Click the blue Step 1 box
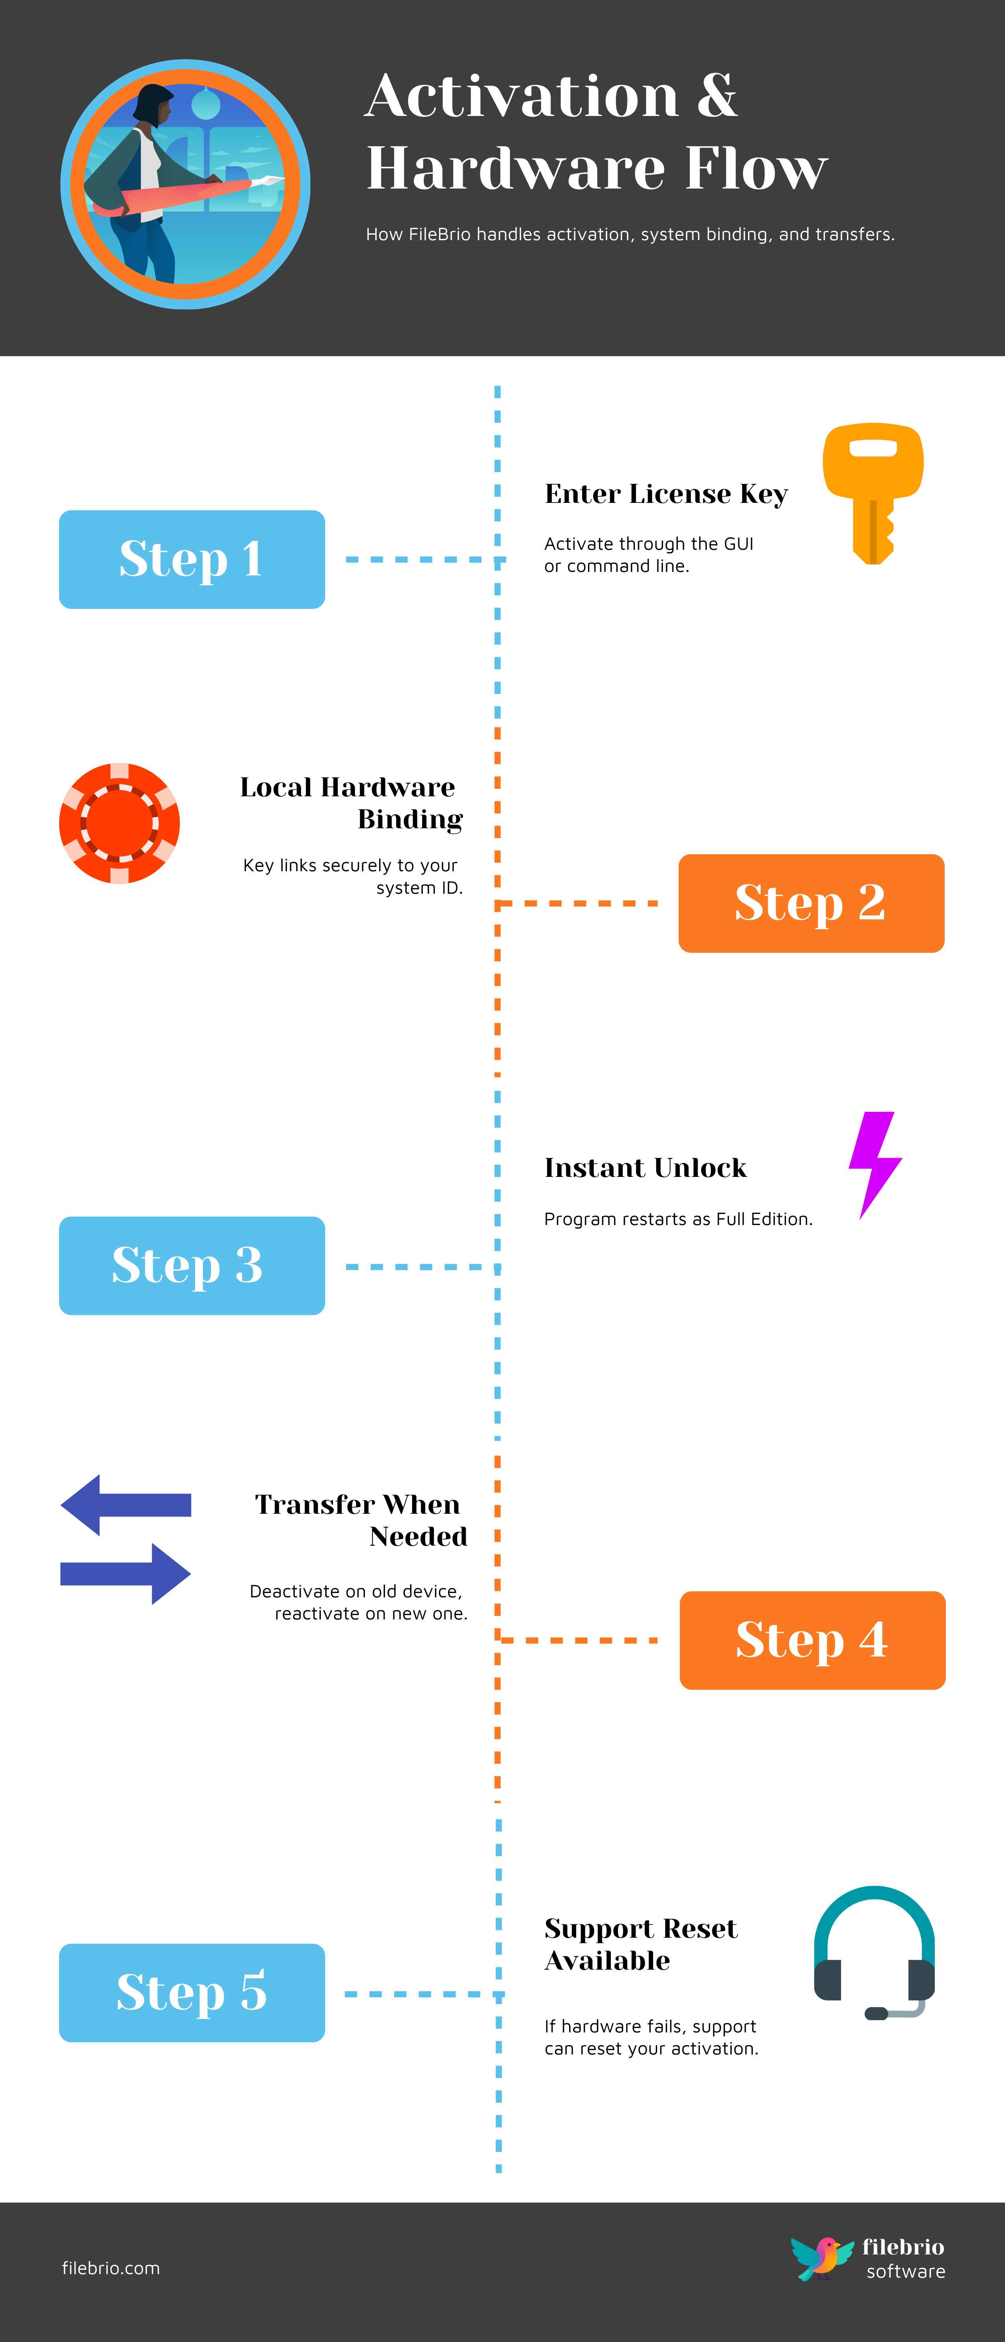coord(192,559)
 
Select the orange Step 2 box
coord(811,903)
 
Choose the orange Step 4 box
coord(811,1640)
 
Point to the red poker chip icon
coord(119,823)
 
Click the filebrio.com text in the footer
coord(111,2268)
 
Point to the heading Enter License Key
coord(666,494)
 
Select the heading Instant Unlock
coord(645,1167)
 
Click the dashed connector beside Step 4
coord(579,1640)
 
